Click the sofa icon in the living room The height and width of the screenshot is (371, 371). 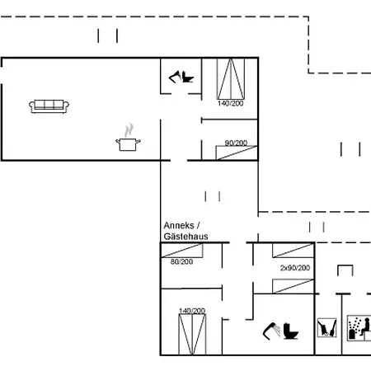pyautogui.click(x=49, y=106)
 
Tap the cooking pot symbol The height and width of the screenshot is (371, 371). pyautogui.click(x=128, y=144)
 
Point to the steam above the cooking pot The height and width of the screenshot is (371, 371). pyautogui.click(x=129, y=130)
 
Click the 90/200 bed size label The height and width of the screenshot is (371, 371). pyautogui.click(x=236, y=143)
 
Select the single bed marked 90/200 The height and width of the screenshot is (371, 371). pyautogui.click(x=237, y=153)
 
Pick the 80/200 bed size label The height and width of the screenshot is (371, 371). pyautogui.click(x=181, y=261)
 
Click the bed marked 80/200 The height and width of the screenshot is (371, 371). pyautogui.click(x=182, y=251)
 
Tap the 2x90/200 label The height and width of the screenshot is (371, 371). pyautogui.click(x=295, y=268)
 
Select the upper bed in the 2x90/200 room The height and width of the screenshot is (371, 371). pyautogui.click(x=294, y=251)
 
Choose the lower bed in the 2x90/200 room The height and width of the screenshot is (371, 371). pyautogui.click(x=294, y=286)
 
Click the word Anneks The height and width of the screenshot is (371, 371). pyautogui.click(x=179, y=226)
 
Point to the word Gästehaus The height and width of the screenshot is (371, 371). pyautogui.click(x=185, y=237)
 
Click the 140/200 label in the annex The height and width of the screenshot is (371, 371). pyautogui.click(x=192, y=311)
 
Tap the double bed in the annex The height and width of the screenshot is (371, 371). pyautogui.click(x=192, y=335)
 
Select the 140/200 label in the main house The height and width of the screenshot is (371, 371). pyautogui.click(x=231, y=103)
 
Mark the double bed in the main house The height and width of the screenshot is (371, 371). pyautogui.click(x=231, y=79)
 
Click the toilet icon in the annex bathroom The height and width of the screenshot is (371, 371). pyautogui.click(x=291, y=331)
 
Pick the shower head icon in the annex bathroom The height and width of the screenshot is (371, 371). pyautogui.click(x=271, y=331)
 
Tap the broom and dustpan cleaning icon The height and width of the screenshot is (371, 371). pyautogui.click(x=326, y=327)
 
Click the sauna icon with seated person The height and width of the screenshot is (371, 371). pyautogui.click(x=359, y=328)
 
